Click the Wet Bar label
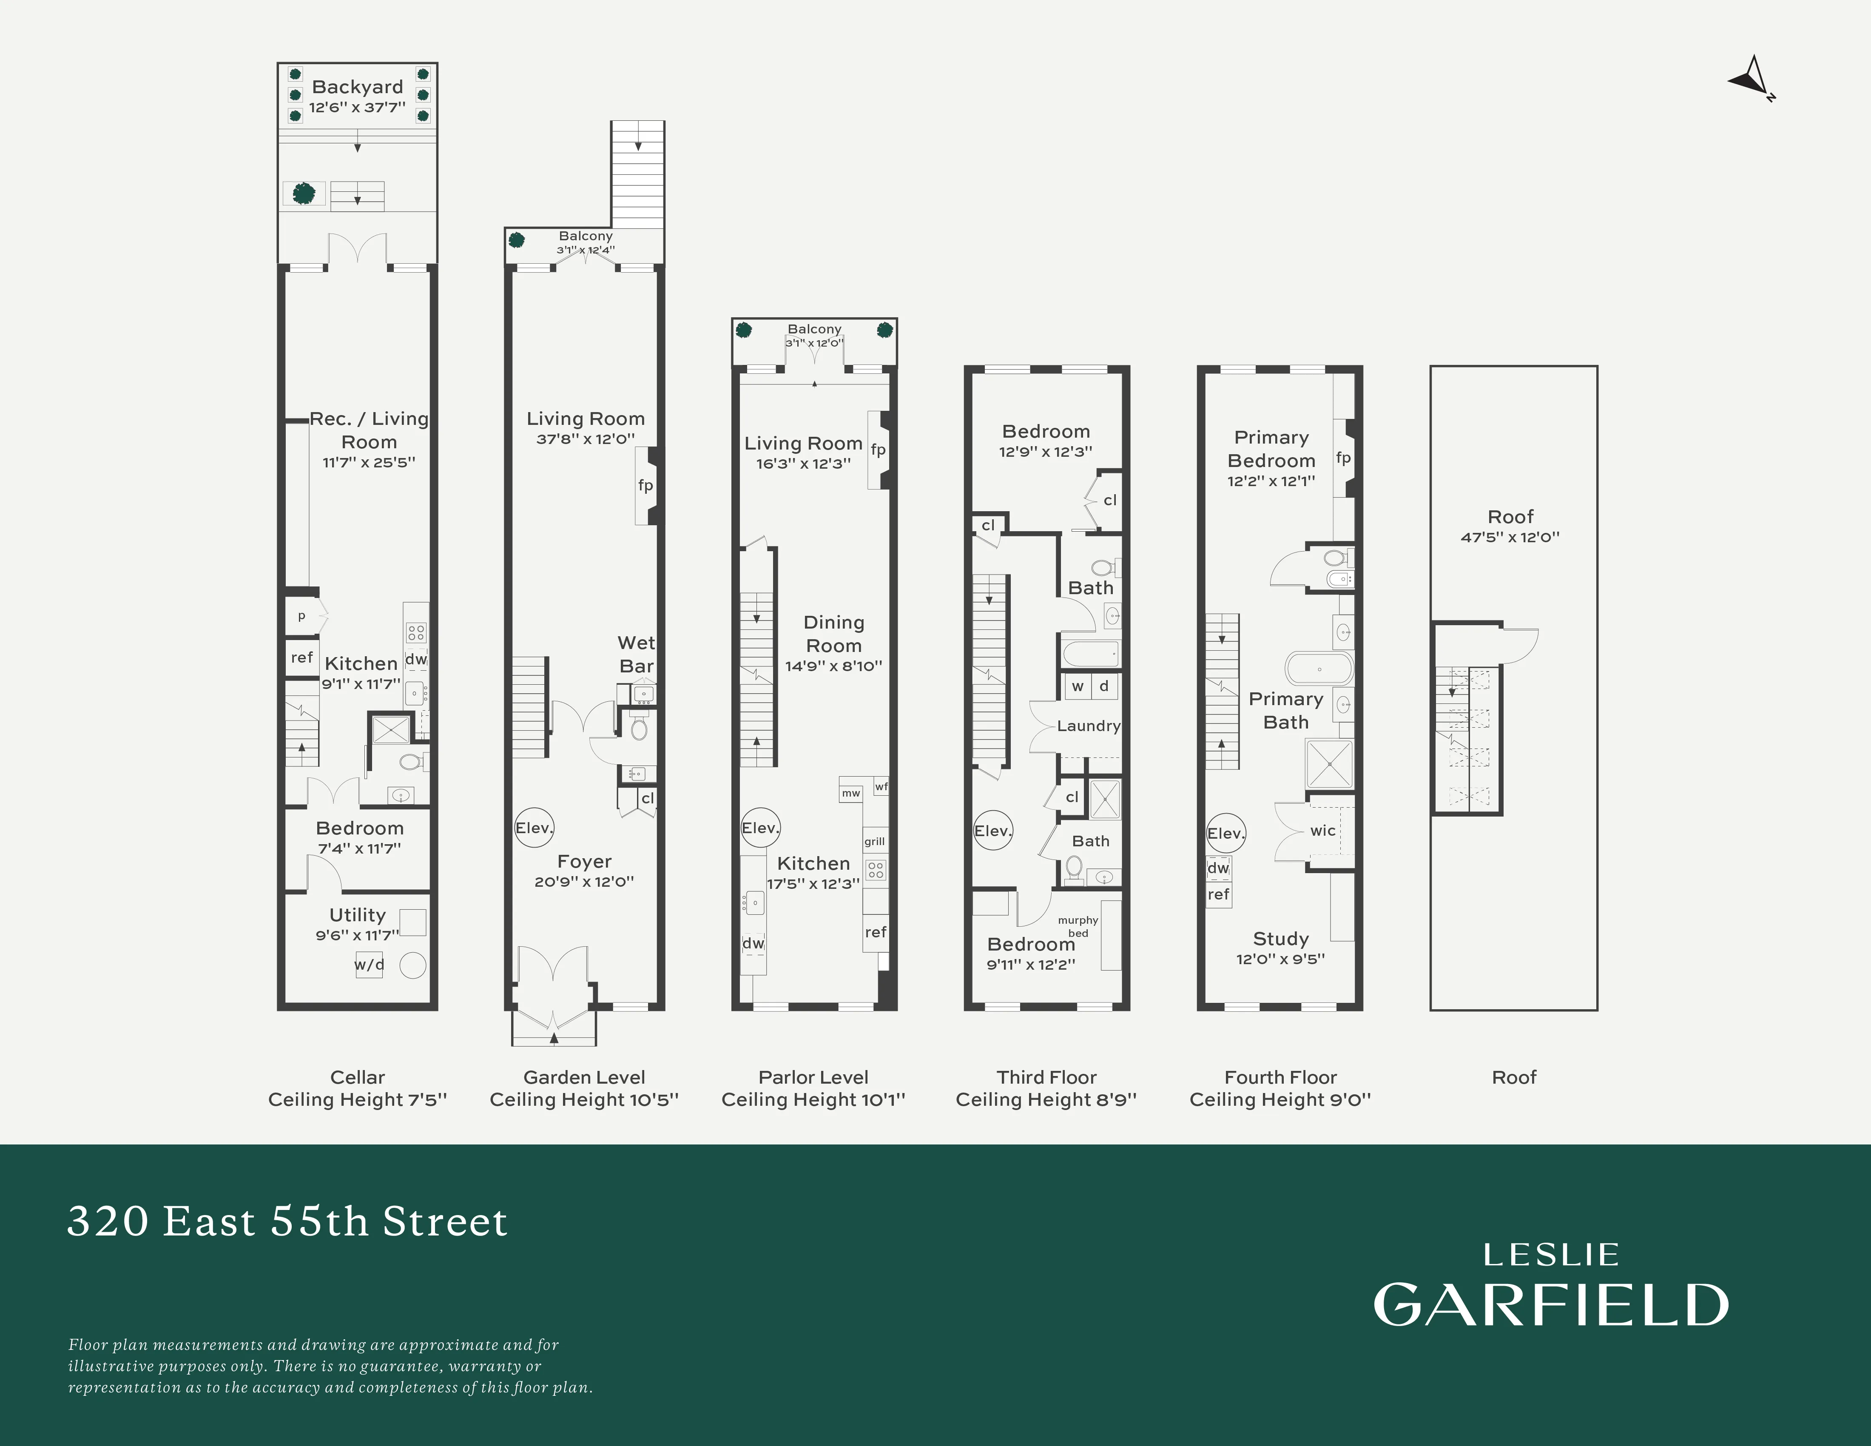pos(636,655)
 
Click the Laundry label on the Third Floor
pos(1088,726)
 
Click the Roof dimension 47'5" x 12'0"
pos(1510,537)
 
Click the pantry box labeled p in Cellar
pos(301,616)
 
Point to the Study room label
pos(1281,939)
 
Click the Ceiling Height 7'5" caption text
pos(357,1100)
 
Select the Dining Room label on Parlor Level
pos(833,634)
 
